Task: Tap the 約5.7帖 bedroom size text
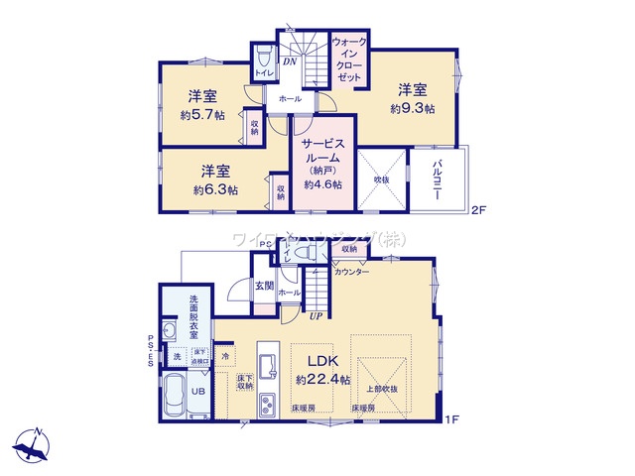coord(202,114)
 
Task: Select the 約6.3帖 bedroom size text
coord(215,189)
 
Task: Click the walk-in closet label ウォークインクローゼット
coord(350,59)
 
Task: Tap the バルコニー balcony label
coord(437,182)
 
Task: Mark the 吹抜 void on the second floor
coord(381,179)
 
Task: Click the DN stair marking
coord(291,62)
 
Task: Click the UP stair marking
coord(316,316)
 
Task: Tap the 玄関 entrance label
coord(264,286)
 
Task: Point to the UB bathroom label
coord(197,392)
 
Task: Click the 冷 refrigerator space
coord(226,355)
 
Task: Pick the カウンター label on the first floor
coord(351,271)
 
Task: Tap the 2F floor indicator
coord(479,209)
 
